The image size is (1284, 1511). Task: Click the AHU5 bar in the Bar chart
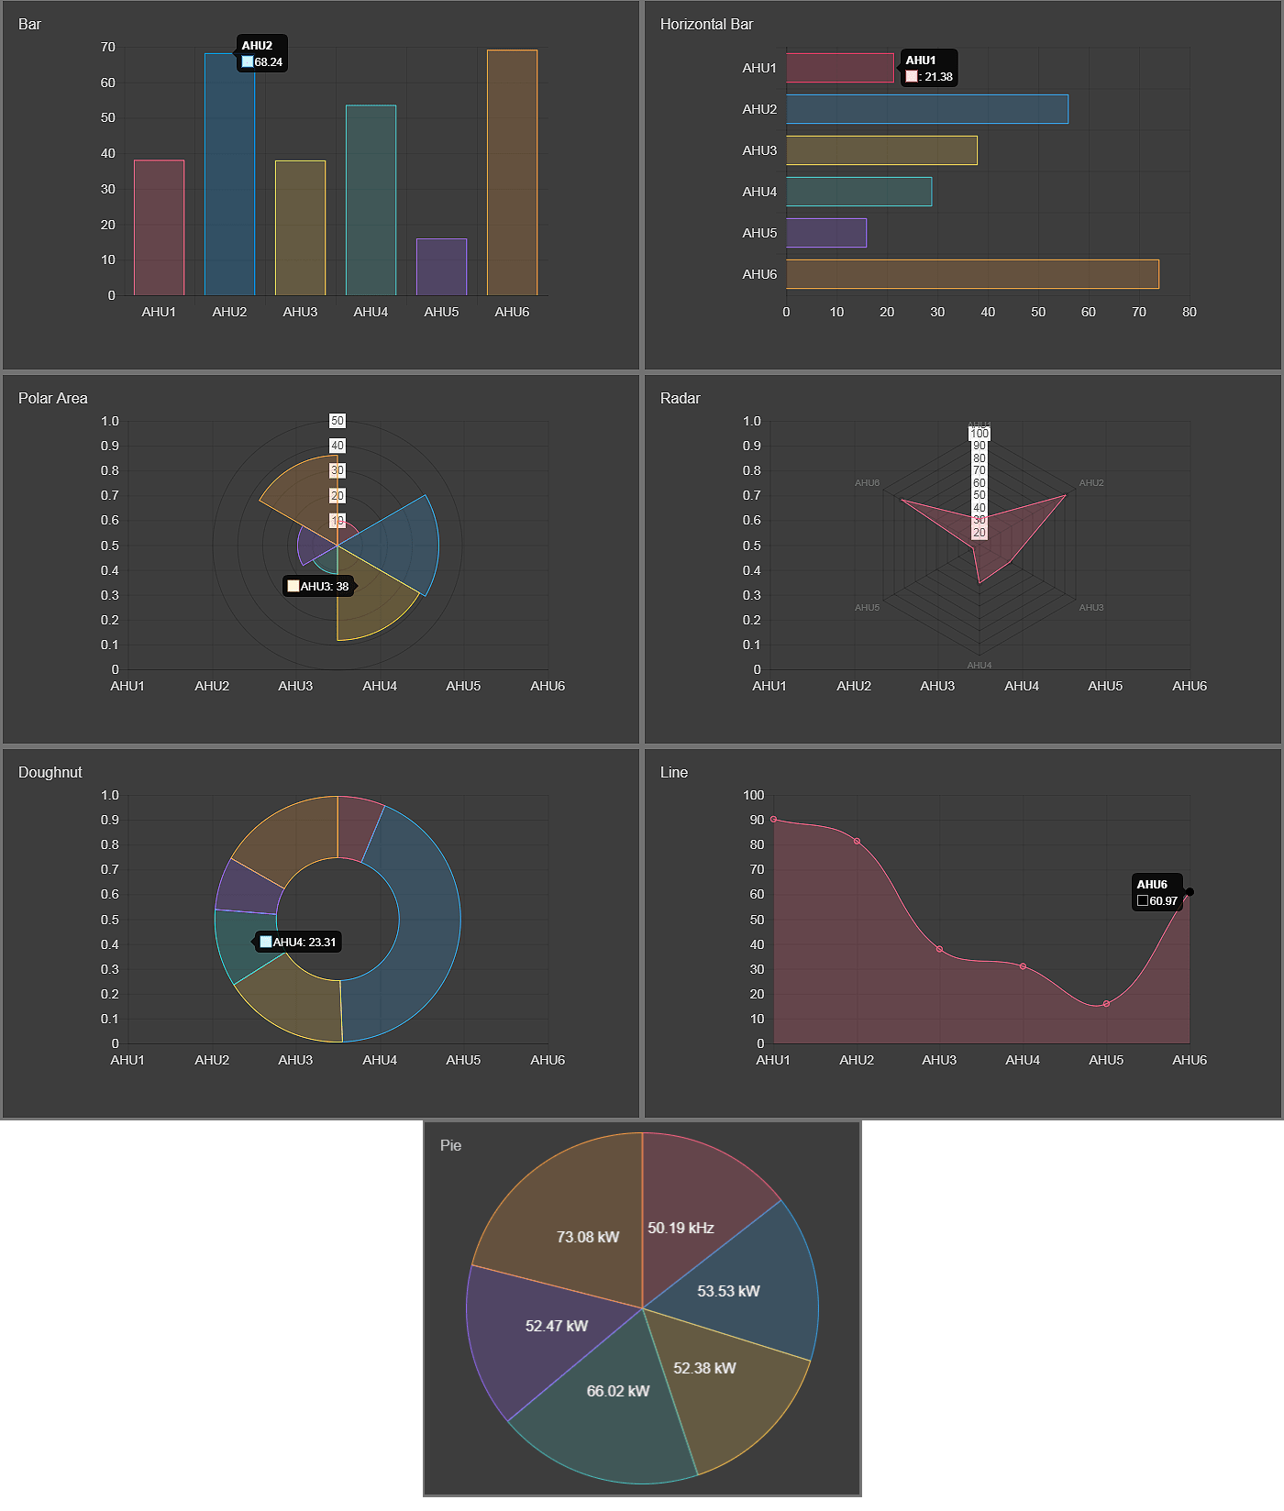pos(441,267)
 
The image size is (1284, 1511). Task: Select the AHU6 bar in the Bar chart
pos(512,172)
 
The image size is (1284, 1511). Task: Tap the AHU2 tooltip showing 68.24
pos(262,54)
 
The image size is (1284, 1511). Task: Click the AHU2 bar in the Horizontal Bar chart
pos(926,109)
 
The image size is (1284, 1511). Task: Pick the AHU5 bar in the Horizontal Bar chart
pos(825,233)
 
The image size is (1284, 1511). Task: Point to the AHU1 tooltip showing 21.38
pos(929,69)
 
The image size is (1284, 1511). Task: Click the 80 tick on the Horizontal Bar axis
pos(1189,312)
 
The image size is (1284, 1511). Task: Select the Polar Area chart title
pos(53,398)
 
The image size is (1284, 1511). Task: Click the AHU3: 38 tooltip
pos(318,587)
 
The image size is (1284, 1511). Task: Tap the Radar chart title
pos(680,398)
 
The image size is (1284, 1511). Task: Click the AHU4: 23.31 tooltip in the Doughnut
pos(298,943)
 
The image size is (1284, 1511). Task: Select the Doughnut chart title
pos(50,772)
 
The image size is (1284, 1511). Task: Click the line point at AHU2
pos(857,842)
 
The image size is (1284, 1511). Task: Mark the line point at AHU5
pos(1106,1004)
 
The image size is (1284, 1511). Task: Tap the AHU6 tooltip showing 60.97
pos(1157,892)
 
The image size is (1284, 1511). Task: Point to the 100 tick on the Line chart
pos(754,795)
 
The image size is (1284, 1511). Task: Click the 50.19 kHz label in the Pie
pos(681,1229)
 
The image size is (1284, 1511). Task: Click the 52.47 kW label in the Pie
pos(557,1326)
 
